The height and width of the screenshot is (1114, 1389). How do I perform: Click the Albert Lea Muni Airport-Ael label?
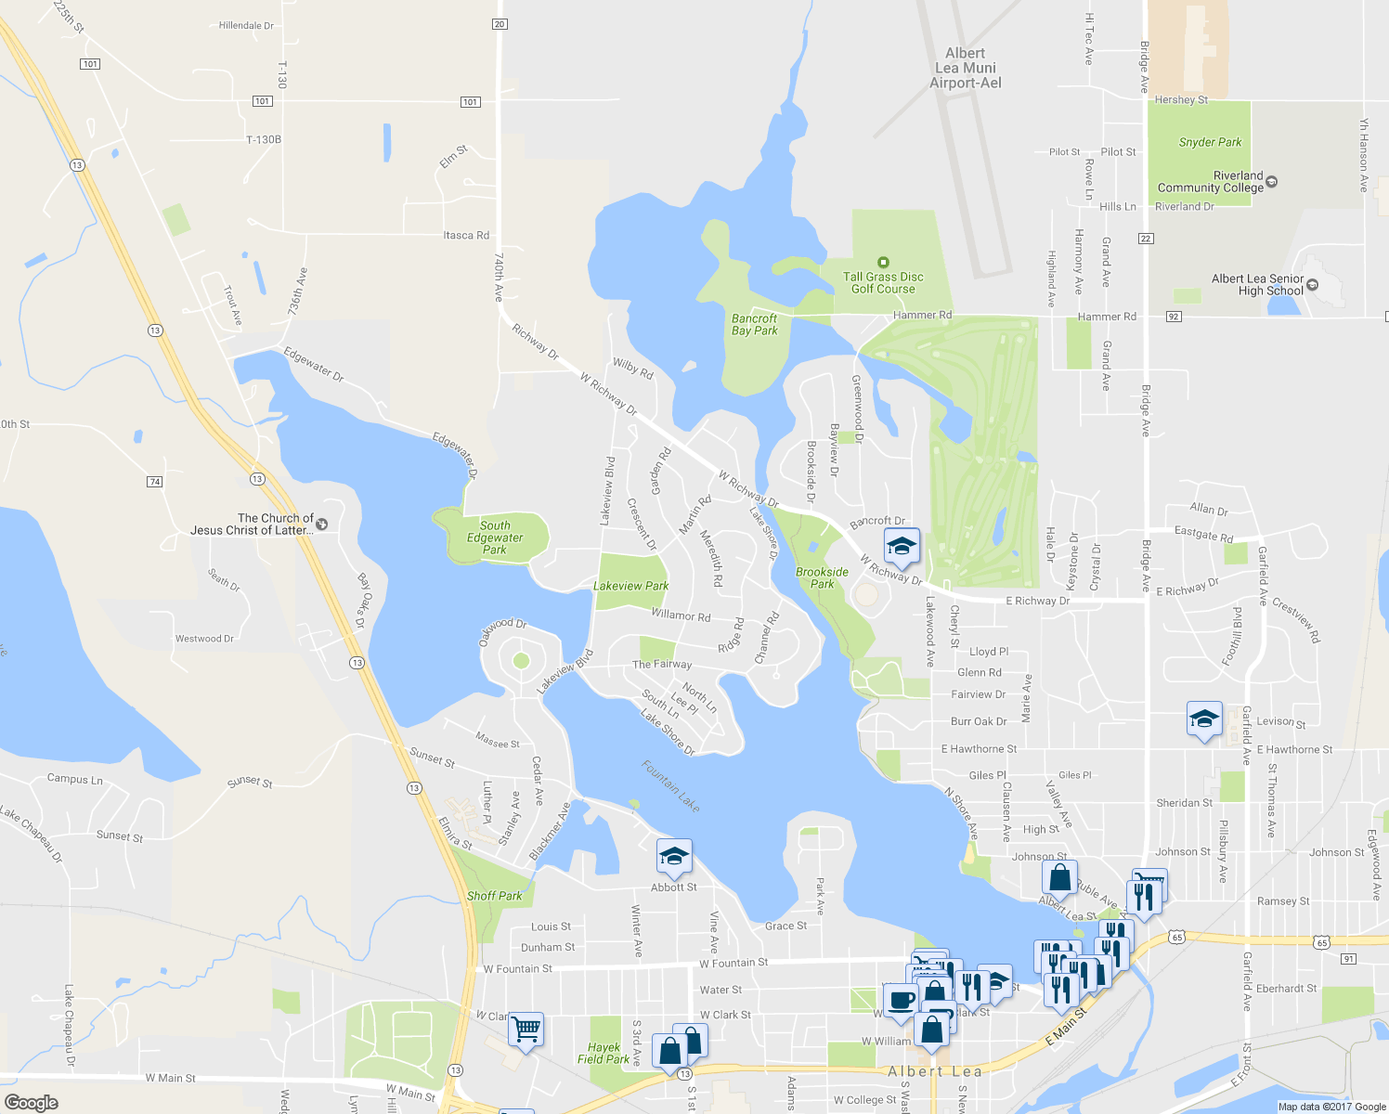pos(966,68)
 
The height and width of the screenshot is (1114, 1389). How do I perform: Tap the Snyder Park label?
pos(1210,142)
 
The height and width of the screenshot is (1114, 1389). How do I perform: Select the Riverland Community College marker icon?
pos(1272,182)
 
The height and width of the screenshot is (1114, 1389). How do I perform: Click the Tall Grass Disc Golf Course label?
pos(883,282)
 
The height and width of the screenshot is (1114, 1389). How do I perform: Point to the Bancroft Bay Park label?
pos(754,324)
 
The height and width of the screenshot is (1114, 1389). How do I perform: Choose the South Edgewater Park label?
pos(495,538)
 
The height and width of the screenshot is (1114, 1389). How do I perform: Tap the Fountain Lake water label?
pos(670,786)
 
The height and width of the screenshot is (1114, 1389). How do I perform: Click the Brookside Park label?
pos(822,577)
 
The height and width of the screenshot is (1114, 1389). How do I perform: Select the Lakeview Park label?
pos(630,586)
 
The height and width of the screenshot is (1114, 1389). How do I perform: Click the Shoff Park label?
pos(494,896)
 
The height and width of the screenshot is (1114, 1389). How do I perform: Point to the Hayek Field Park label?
pos(604,1053)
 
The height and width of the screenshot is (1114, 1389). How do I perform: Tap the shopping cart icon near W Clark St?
pos(526,1029)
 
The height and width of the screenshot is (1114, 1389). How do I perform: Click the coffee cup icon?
pos(900,1001)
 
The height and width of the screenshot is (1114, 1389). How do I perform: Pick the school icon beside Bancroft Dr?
pos(901,546)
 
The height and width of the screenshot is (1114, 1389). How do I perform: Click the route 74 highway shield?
pos(155,482)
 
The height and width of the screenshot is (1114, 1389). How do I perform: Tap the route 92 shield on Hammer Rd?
pos(1174,317)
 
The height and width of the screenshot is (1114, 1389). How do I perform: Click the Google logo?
pos(32,1103)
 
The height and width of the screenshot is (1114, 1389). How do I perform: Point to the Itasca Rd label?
pos(466,236)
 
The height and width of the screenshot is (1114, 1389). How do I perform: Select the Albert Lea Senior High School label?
pos(1257,284)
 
